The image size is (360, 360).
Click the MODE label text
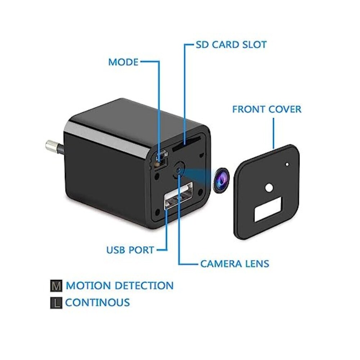point(123,62)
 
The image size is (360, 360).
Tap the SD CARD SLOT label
point(231,45)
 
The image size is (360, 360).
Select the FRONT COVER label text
point(267,109)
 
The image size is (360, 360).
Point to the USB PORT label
point(130,250)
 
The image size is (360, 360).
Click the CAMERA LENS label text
point(235,264)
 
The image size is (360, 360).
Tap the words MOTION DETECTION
point(120,285)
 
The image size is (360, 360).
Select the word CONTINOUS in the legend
point(98,302)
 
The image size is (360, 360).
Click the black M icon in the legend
point(56,286)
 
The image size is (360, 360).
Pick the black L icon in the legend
point(56,303)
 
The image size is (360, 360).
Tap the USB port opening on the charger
point(179,195)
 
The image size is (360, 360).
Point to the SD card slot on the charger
point(186,144)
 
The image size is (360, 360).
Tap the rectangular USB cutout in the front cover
point(268,210)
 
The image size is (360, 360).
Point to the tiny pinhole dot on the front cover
point(287,165)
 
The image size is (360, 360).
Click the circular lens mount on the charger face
point(179,170)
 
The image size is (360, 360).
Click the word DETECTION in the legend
point(144,285)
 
